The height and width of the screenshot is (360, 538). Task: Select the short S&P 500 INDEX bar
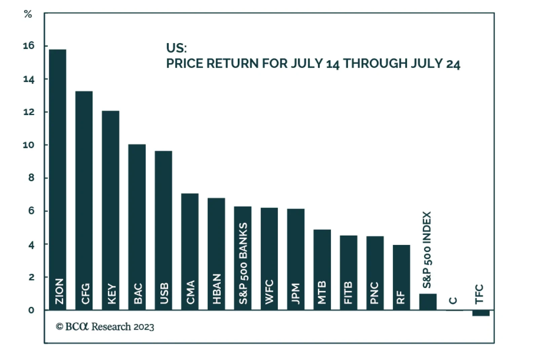428,302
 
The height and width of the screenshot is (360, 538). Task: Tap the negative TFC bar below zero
481,313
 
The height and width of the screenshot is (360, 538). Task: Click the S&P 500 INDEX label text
427,250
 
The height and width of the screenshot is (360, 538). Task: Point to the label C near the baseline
453,300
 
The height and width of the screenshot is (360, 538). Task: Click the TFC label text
479,294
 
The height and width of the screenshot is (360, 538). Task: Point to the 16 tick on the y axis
29,46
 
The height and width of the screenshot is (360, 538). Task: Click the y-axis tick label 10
29,145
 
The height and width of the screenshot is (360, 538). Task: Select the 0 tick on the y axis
31,310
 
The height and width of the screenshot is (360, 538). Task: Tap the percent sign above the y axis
28,14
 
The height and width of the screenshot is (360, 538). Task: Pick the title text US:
176,48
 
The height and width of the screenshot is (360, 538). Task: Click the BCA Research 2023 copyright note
105,327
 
